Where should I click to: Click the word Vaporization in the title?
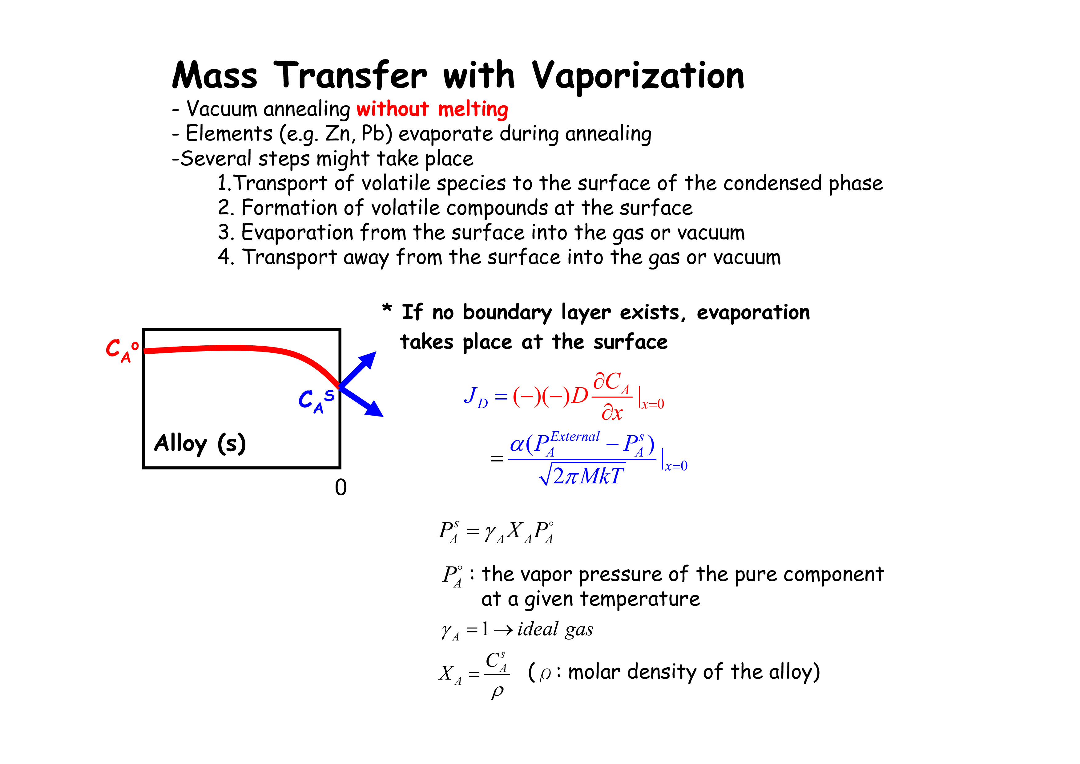[638, 76]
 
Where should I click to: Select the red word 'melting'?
[473, 109]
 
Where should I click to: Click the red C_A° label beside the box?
[122, 351]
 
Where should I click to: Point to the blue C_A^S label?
[316, 401]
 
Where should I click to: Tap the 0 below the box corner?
[341, 487]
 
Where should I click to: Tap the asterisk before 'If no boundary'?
[387, 308]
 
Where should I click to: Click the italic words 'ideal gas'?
[555, 629]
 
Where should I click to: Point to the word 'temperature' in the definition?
[640, 599]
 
